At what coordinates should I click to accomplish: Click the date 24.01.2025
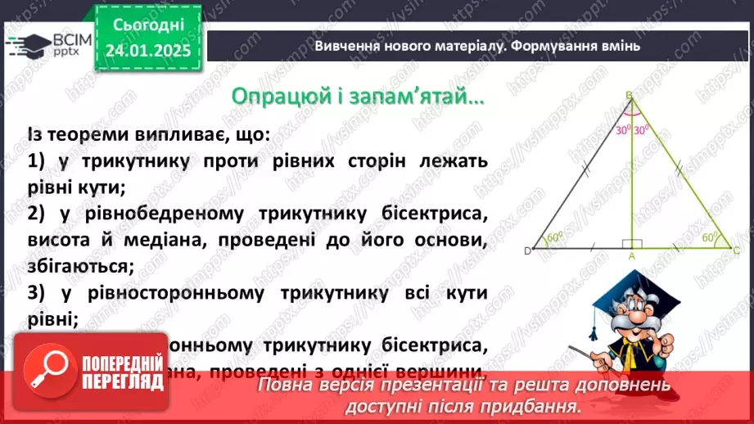147,50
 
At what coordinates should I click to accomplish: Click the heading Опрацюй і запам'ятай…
358,97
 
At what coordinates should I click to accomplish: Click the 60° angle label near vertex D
555,238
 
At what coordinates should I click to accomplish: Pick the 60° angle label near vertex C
709,237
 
